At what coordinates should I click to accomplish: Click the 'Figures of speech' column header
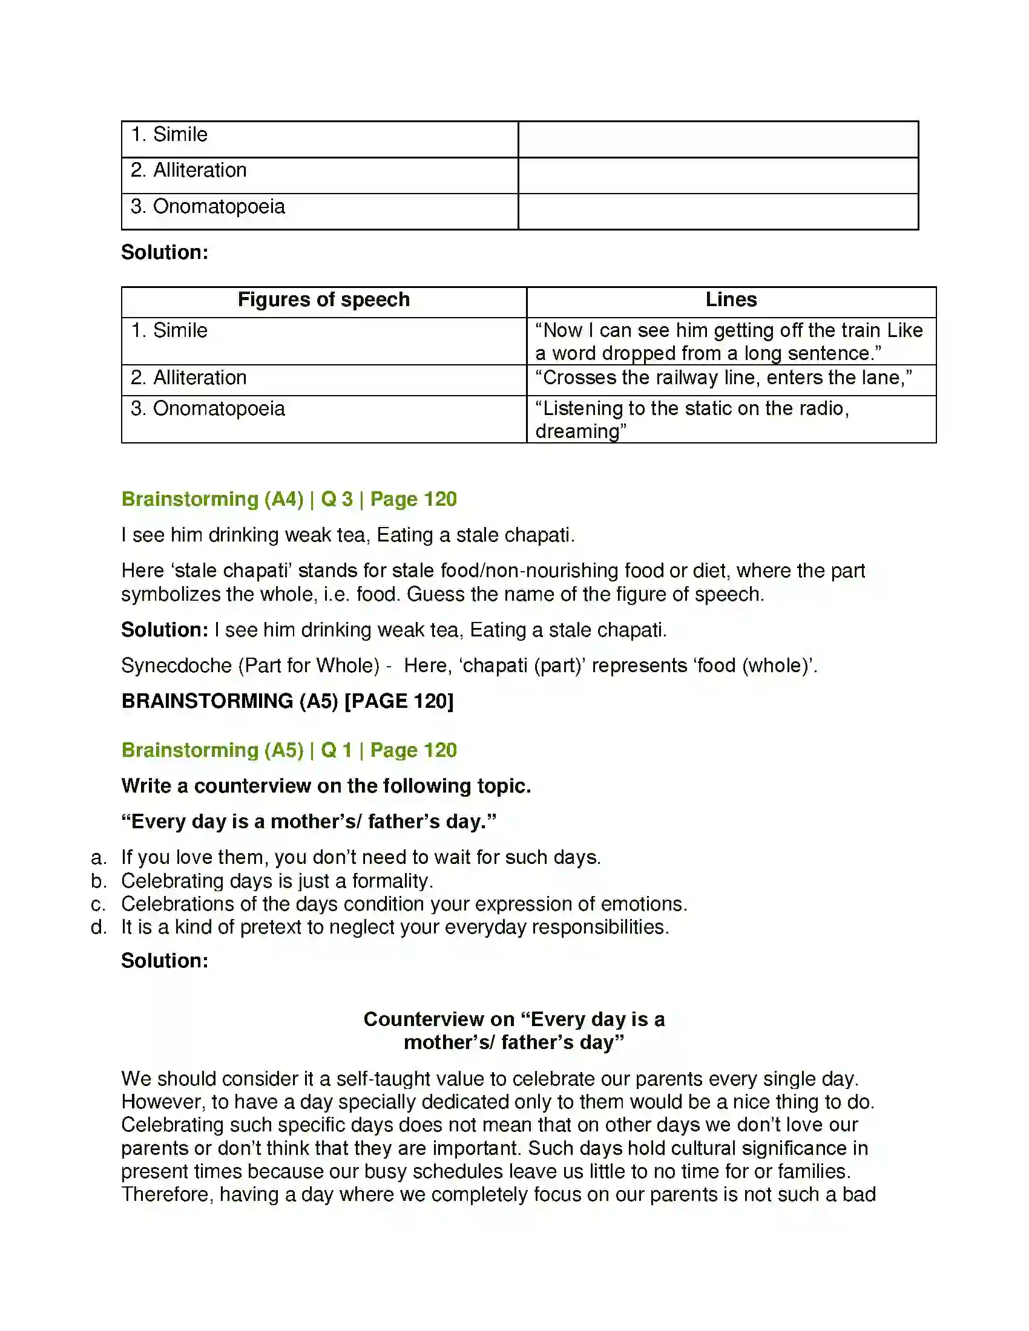click(323, 300)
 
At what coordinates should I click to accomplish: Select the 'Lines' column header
click(731, 300)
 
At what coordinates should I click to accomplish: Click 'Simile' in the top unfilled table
click(180, 135)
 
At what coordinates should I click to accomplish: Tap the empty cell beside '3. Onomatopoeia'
click(717, 212)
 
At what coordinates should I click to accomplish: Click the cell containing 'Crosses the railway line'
click(723, 378)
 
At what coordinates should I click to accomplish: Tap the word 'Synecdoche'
click(176, 665)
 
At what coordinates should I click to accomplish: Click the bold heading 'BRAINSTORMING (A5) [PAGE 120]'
click(287, 701)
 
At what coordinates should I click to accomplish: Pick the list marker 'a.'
click(98, 857)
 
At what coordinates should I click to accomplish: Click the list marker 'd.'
click(98, 927)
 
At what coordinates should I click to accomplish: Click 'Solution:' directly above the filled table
click(165, 252)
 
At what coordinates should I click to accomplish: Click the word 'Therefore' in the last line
click(167, 1194)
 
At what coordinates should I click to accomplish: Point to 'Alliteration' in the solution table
click(199, 378)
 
